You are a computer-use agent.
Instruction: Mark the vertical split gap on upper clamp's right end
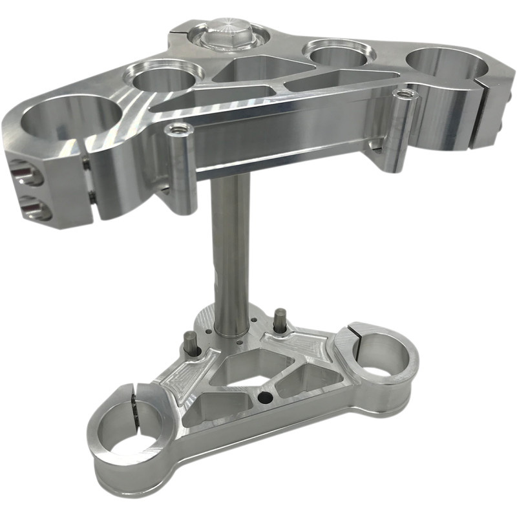[x=483, y=107]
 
